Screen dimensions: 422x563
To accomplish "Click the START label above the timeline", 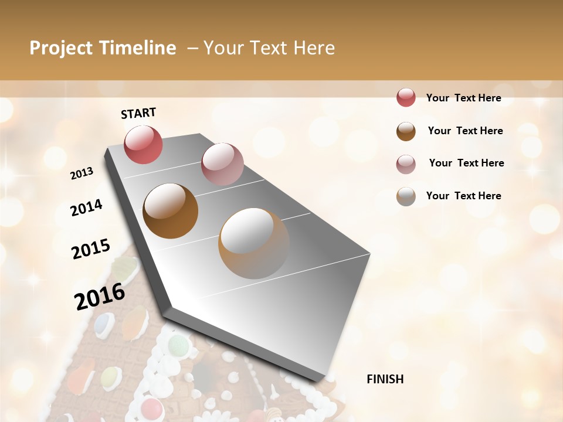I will pyautogui.click(x=138, y=113).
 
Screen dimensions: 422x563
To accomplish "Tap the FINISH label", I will pyautogui.click(x=385, y=379).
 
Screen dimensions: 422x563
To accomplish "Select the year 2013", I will pyautogui.click(x=82, y=173).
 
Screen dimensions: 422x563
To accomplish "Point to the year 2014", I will pyautogui.click(x=87, y=207).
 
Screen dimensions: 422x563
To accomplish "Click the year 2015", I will pyautogui.click(x=91, y=249).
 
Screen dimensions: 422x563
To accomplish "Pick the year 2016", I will pyautogui.click(x=100, y=297).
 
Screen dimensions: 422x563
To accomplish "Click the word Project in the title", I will pyautogui.click(x=62, y=48).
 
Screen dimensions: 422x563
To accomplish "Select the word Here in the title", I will pyautogui.click(x=314, y=48).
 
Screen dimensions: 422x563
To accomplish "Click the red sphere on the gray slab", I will pyautogui.click(x=143, y=144).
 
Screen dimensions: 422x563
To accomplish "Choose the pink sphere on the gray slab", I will pyautogui.click(x=222, y=164).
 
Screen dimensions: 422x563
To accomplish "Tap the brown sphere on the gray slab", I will pyautogui.click(x=170, y=210).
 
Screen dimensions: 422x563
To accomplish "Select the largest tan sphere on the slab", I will pyautogui.click(x=254, y=243).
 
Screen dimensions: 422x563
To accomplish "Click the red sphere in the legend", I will pyautogui.click(x=406, y=97).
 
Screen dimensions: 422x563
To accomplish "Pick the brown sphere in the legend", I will pyautogui.click(x=406, y=131).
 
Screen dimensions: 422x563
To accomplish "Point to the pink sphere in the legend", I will pyautogui.click(x=406, y=164).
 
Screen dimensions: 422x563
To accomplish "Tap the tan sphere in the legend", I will pyautogui.click(x=406, y=196).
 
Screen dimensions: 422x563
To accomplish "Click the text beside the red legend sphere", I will pyautogui.click(x=463, y=98).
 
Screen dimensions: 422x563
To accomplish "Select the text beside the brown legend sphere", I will pyautogui.click(x=465, y=131).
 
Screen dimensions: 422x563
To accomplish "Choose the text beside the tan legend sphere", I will pyautogui.click(x=463, y=196).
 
